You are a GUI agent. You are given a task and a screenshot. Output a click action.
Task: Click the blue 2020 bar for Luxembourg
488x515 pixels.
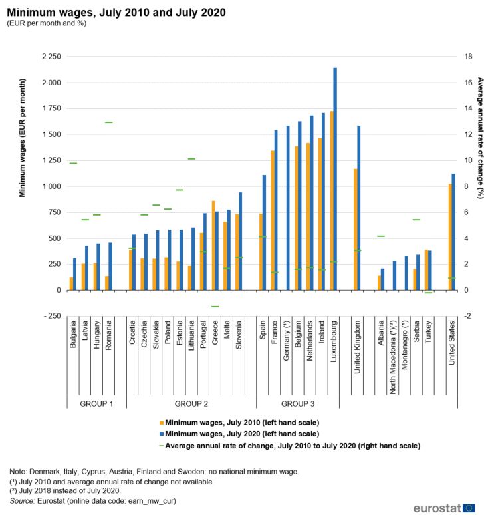pos(335,179)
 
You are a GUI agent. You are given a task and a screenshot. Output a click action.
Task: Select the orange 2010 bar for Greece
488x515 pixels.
pos(213,246)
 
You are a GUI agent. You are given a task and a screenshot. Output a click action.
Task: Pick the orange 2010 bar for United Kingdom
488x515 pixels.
pos(356,230)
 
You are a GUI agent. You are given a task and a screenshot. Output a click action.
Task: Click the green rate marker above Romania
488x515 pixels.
pos(109,122)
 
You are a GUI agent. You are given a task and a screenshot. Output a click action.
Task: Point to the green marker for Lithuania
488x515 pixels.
pos(191,159)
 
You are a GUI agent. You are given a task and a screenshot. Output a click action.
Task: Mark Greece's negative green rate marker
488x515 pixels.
pos(215,307)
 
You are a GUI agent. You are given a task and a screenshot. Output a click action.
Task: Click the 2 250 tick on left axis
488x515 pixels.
pos(51,57)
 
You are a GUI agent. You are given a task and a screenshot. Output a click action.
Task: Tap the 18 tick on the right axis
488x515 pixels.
pos(468,57)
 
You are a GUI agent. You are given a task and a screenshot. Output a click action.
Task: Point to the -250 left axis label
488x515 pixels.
pos(52,316)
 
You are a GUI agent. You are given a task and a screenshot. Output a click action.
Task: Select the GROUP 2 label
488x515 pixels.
pos(191,404)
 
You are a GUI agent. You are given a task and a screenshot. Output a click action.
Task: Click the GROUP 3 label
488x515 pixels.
pos(298,404)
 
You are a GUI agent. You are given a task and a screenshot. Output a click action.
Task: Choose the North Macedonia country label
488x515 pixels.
pos(393,357)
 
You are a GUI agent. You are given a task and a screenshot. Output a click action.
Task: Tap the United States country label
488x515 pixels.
pos(452,343)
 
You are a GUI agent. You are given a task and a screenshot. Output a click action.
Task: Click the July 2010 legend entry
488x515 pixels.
pos(239,423)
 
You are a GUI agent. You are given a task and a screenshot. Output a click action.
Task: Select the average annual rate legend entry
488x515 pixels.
pos(290,446)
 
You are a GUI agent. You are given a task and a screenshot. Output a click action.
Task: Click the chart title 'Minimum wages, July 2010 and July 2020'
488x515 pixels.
pos(116,13)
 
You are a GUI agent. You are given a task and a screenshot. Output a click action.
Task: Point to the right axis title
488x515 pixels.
pos(481,138)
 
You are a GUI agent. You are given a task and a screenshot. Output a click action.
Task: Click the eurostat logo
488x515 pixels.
pos(444,508)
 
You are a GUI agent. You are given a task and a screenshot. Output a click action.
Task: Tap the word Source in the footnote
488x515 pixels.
pos(22,501)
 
